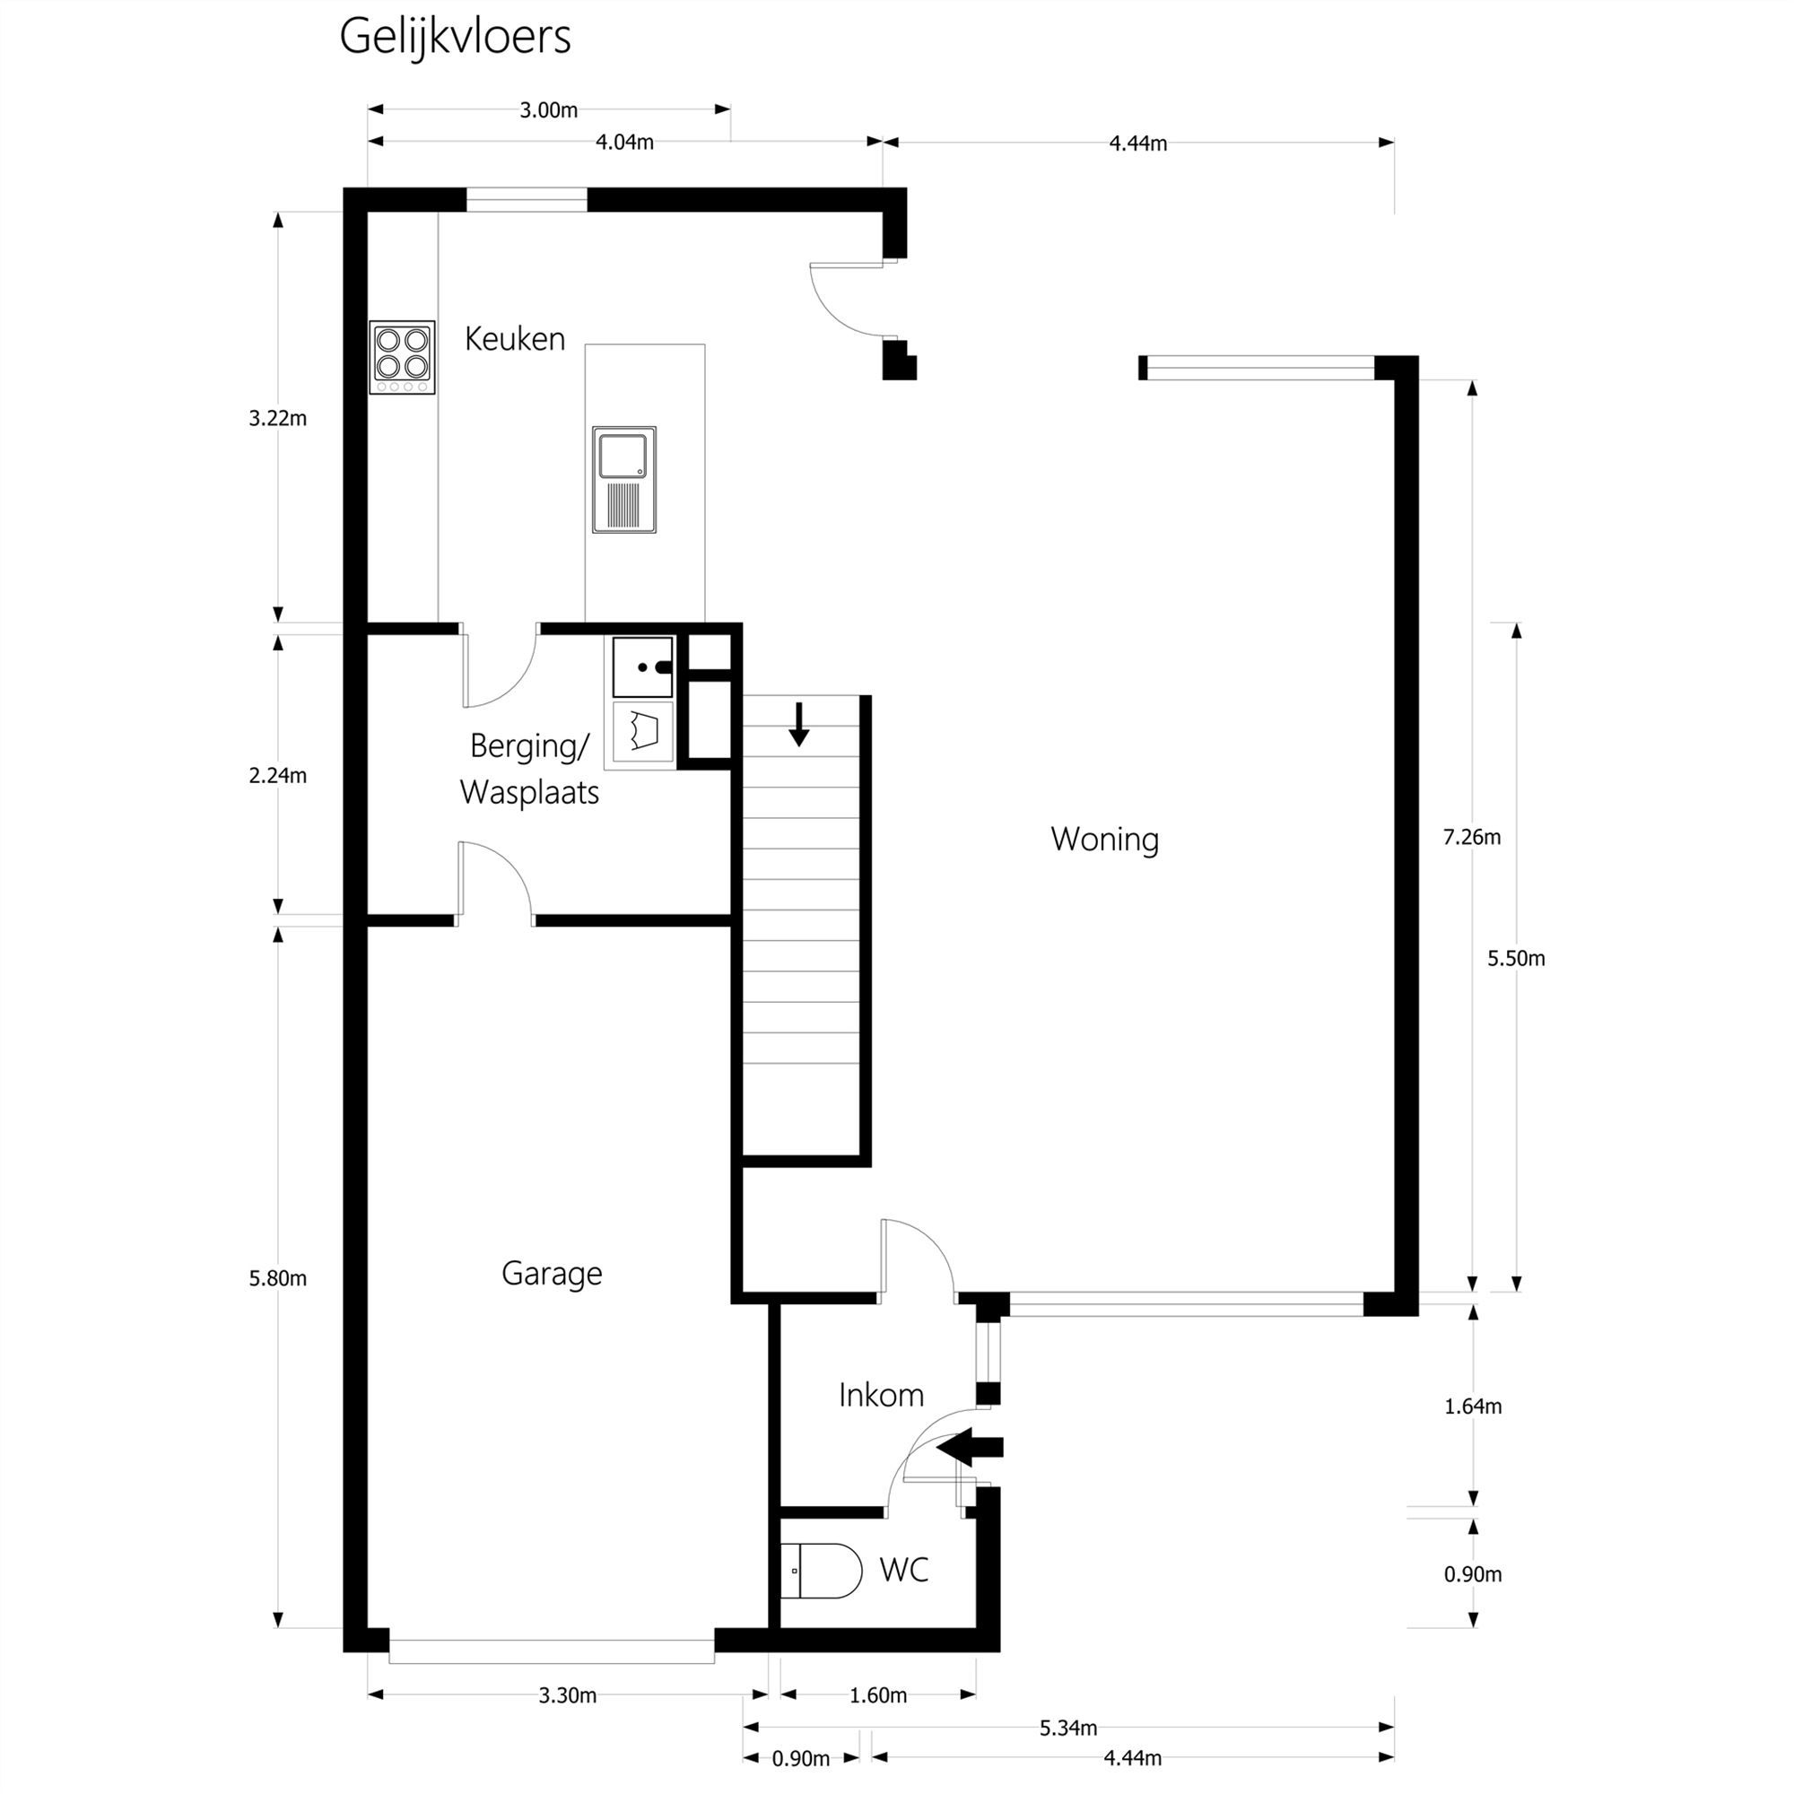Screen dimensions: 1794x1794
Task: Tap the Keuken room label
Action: [x=514, y=339]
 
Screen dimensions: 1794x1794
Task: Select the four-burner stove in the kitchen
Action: [x=402, y=358]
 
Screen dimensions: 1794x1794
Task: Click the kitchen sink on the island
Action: [x=624, y=480]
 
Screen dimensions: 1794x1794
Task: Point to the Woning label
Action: [x=1105, y=840]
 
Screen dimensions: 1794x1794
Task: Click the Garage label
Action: [x=552, y=1273]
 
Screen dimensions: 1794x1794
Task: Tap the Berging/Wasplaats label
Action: [x=529, y=769]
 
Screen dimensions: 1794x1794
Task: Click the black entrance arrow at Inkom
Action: [x=970, y=1446]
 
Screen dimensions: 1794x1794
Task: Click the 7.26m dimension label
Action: [x=1471, y=838]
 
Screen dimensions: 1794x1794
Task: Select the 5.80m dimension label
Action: [x=278, y=1278]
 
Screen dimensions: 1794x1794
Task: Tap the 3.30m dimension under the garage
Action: [x=568, y=1695]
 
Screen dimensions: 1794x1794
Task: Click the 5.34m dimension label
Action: [x=1067, y=1729]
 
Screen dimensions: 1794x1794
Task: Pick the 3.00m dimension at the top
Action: [x=548, y=110]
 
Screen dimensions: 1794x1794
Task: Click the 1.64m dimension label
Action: [x=1473, y=1406]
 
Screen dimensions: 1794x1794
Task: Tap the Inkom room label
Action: [x=881, y=1395]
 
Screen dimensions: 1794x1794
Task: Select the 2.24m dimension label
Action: [x=278, y=775]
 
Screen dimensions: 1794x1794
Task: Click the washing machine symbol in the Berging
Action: [x=641, y=731]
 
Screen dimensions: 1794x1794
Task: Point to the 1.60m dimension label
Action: [x=877, y=1695]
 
